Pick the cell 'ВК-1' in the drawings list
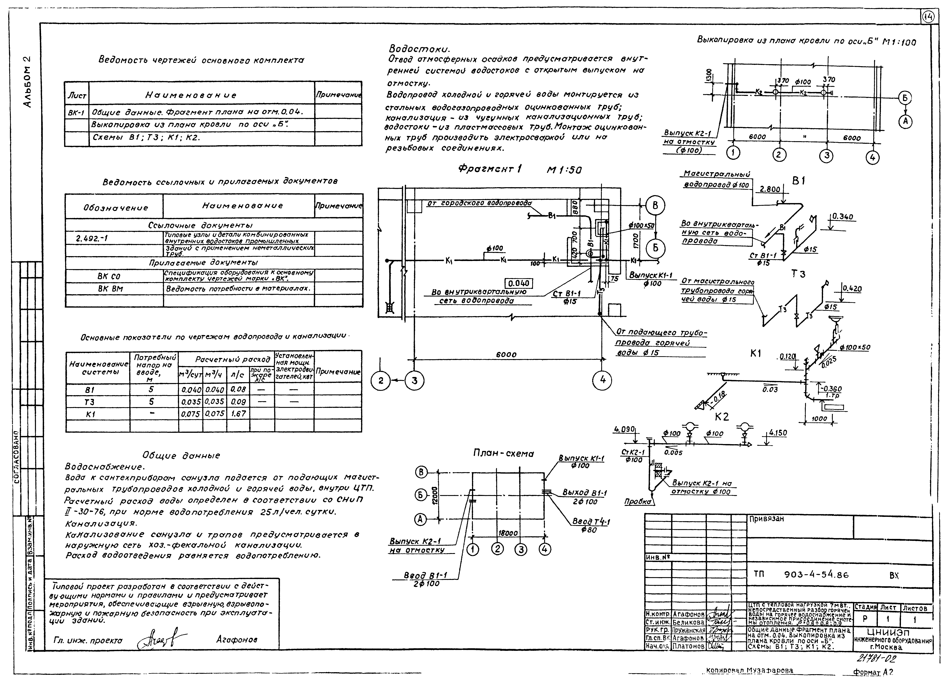tap(77, 112)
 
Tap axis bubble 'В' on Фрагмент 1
tap(655, 205)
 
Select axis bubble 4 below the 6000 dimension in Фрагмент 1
tap(602, 380)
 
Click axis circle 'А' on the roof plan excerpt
tap(905, 121)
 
